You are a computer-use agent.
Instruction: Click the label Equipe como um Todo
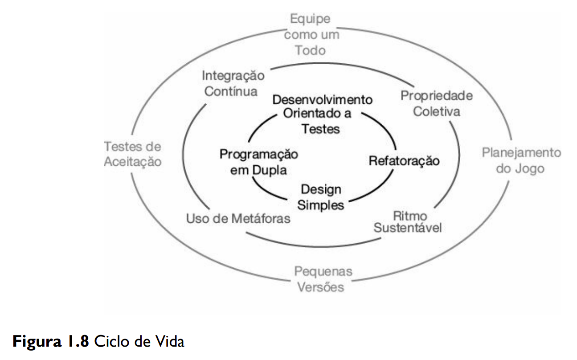311,35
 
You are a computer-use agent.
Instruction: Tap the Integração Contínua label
233,83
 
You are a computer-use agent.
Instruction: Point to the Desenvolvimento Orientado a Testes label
322,114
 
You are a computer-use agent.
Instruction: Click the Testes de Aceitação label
132,154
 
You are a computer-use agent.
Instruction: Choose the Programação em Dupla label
258,162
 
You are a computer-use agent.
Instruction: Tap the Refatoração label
404,160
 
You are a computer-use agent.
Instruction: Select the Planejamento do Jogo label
521,161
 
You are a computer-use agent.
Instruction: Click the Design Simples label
321,197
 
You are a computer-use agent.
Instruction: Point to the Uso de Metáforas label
238,219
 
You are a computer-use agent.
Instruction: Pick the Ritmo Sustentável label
408,222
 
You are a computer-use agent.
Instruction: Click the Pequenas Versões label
323,279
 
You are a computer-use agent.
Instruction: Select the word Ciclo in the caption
113,342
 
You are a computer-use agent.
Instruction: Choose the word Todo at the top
311,50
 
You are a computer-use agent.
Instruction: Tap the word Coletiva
436,111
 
